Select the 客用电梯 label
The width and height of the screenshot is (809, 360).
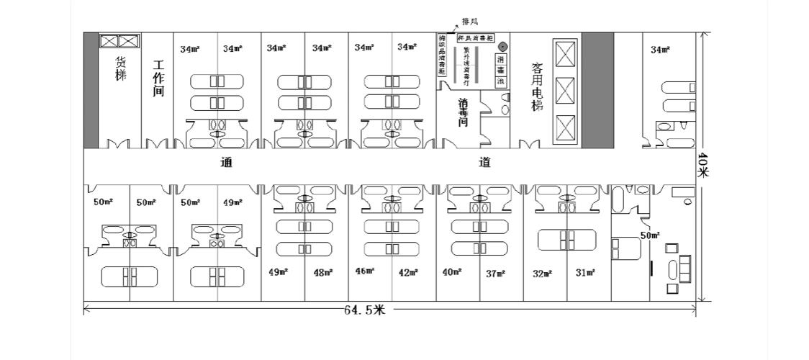click(536, 86)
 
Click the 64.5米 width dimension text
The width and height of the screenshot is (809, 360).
click(365, 311)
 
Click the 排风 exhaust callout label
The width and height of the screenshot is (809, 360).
click(469, 22)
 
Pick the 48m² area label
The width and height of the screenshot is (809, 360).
click(323, 272)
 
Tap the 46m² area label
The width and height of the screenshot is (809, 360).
click(365, 271)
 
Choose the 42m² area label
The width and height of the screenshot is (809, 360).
click(409, 272)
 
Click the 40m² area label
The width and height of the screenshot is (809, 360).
click(452, 271)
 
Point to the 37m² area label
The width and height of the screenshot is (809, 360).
click(495, 273)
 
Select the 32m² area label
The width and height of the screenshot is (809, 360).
click(542, 273)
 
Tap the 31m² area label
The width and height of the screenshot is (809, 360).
click(585, 273)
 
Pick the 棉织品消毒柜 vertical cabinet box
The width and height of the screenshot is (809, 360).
click(441, 55)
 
